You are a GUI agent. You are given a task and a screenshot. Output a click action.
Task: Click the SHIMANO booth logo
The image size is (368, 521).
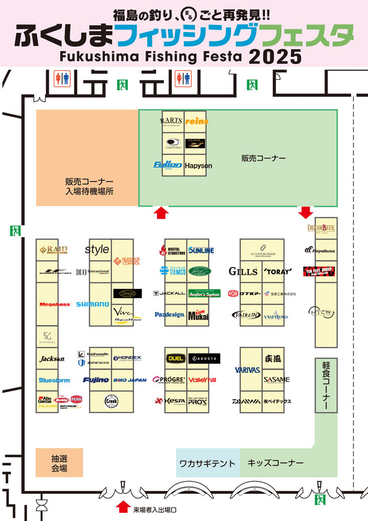[x=92, y=304]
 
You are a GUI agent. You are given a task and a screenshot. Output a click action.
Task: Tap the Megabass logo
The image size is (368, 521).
[x=54, y=304]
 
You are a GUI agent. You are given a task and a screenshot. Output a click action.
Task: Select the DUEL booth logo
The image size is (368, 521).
[x=175, y=358]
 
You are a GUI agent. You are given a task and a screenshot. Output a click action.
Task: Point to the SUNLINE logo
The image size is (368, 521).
[x=201, y=250]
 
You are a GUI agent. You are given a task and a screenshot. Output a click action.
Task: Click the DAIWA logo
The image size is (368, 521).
[x=247, y=401]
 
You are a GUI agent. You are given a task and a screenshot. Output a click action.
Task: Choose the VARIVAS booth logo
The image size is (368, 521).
[x=247, y=371]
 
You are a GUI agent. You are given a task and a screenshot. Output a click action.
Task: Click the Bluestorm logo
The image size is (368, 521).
[x=54, y=380]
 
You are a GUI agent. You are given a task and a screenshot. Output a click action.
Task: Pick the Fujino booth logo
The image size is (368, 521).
[x=95, y=380]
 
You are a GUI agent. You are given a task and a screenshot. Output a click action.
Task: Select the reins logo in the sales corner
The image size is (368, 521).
[x=197, y=121]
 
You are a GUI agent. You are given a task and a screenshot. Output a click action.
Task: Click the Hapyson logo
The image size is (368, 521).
[x=198, y=165]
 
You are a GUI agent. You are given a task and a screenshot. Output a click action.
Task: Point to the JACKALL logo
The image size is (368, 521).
[x=170, y=293]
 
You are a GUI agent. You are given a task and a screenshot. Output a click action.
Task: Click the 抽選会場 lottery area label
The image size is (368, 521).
[x=59, y=464]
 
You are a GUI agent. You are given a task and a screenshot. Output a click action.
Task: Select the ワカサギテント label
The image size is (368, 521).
[x=207, y=463]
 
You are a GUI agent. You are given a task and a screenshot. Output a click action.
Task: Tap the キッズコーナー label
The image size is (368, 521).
[x=275, y=463]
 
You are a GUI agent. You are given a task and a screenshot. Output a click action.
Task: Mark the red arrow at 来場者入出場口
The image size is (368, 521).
[x=122, y=507]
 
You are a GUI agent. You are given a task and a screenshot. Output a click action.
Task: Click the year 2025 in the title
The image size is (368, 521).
[x=275, y=57]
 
